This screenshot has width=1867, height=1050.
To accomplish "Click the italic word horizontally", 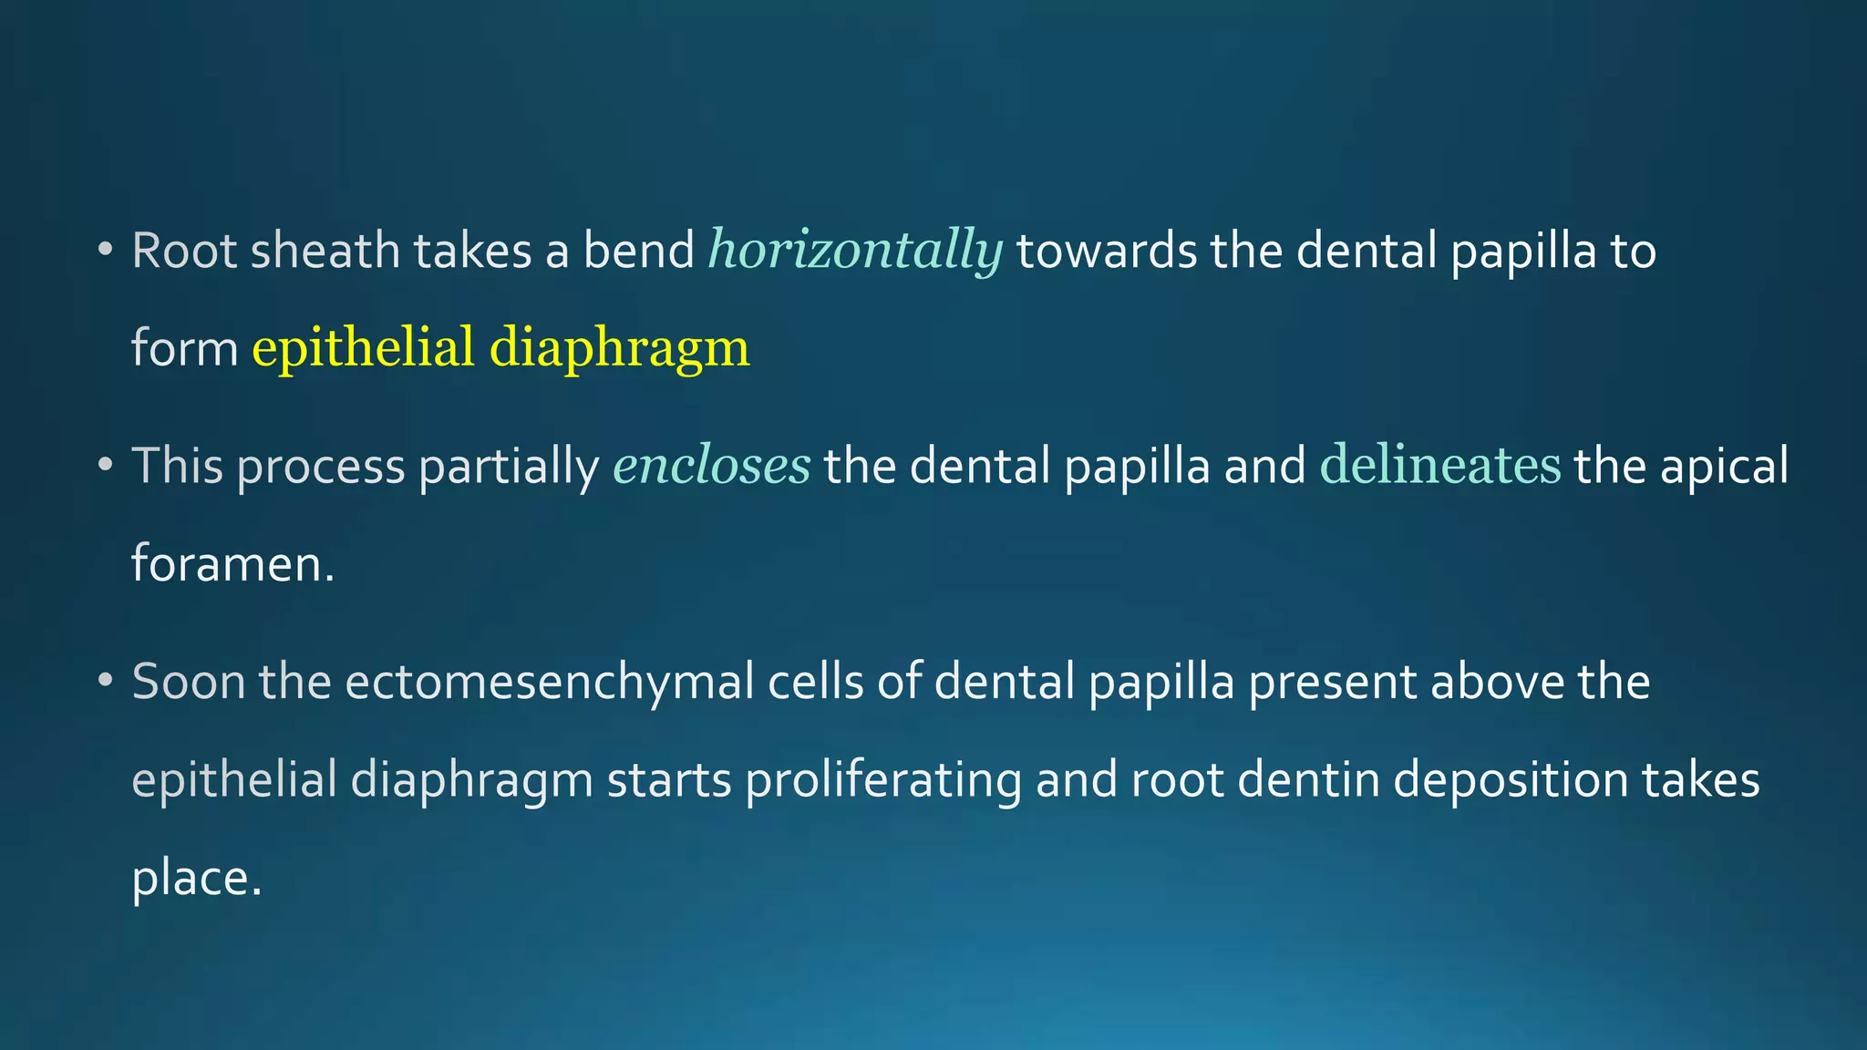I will pyautogui.click(x=855, y=251).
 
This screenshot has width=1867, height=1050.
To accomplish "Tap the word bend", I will pyautogui.click(x=638, y=251).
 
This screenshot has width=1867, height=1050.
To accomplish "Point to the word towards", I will pyautogui.click(x=1106, y=251).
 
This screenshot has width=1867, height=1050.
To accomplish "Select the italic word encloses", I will pyautogui.click(x=711, y=466).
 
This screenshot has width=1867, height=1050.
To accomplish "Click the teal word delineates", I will pyautogui.click(x=1439, y=466).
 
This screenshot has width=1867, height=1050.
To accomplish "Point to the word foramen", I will pyautogui.click(x=232, y=563).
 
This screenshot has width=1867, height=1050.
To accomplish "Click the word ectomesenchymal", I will pyautogui.click(x=549, y=683).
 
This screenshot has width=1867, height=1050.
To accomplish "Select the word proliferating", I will pyautogui.click(x=882, y=781).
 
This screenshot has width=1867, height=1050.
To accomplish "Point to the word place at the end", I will pyautogui.click(x=196, y=880).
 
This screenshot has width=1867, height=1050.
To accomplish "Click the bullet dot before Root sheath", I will pyautogui.click(x=106, y=249).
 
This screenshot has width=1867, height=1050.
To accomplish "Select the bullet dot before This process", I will pyautogui.click(x=106, y=465).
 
